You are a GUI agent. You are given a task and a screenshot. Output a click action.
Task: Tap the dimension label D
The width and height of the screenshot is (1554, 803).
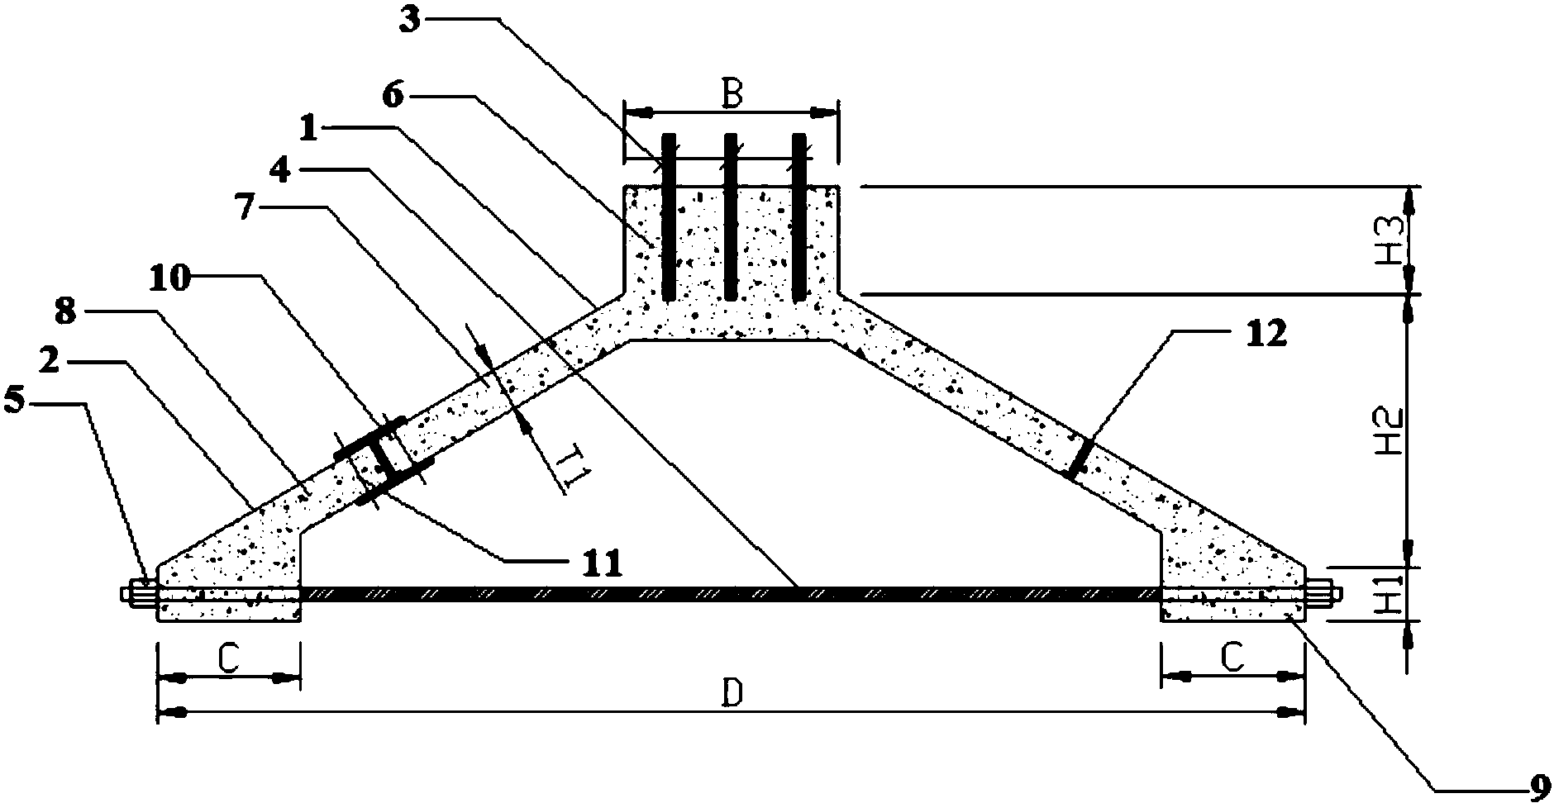(731, 696)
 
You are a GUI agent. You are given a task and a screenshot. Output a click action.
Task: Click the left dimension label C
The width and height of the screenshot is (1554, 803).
(228, 658)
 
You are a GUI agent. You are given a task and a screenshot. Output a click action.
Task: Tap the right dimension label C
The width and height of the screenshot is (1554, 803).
(1232, 658)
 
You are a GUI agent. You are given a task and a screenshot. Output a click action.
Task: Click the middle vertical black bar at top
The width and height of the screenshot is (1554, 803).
(731, 216)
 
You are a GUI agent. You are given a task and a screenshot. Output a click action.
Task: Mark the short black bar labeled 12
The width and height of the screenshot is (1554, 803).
(1079, 459)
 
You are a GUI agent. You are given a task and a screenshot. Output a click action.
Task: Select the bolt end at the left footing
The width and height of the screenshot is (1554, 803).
(139, 593)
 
